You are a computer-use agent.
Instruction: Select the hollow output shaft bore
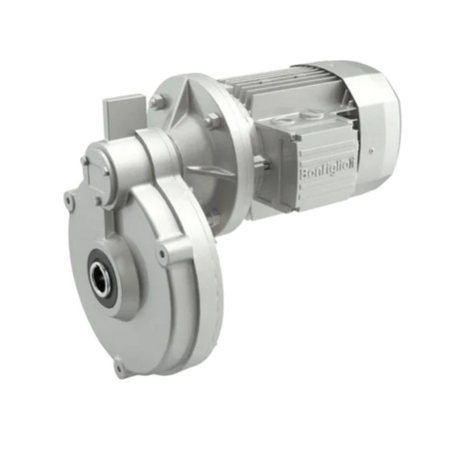(x=101, y=275)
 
